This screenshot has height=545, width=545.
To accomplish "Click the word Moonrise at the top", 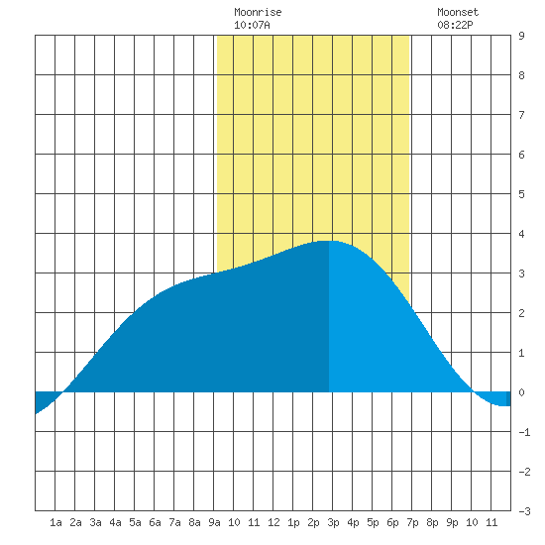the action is tap(258, 12).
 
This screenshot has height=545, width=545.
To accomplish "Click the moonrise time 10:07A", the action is tap(252, 25).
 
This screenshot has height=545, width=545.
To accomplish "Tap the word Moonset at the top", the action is tap(458, 12).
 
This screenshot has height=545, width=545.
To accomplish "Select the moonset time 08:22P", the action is tap(455, 25).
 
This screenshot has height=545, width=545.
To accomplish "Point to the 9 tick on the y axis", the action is tap(521, 36).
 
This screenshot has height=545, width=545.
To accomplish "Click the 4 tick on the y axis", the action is tap(521, 234).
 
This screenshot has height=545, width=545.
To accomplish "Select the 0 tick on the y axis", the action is tap(521, 392).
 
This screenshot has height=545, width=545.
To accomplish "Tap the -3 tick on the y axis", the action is tap(524, 511).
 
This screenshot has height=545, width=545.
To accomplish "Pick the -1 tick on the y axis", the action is tap(524, 432).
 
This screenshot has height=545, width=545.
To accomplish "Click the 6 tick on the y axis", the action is tap(521, 155).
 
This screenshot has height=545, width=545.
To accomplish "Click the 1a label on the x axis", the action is tap(55, 522).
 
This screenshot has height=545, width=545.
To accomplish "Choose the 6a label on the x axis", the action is tap(155, 522).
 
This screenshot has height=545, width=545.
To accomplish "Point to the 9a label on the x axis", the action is tap(214, 522).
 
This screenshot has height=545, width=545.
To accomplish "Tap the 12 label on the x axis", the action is tap(273, 522).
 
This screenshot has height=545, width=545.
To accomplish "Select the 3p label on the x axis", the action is tap(333, 522).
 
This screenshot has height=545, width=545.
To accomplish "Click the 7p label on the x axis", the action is tap(412, 522).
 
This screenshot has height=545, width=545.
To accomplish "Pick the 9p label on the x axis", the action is tap(452, 522).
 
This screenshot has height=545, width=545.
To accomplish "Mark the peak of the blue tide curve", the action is tap(328, 241).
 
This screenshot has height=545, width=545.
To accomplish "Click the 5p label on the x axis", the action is tap(373, 522).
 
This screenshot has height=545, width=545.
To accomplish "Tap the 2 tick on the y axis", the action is tap(521, 313).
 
